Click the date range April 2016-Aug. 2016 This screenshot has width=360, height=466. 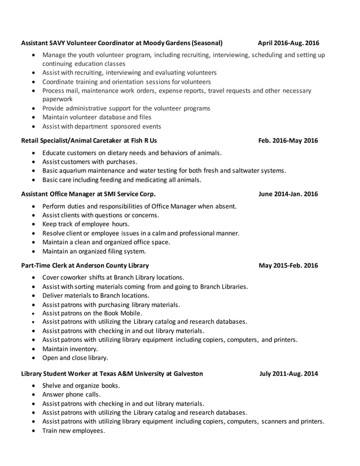pos(288,43)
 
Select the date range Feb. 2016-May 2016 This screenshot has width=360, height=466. pos(288,140)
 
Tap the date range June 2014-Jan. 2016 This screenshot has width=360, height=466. pos(288,194)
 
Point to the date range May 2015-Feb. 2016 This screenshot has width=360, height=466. pos(288,265)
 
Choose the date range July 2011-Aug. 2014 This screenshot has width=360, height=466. pos(288,373)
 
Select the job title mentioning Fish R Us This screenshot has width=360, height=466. pos(89,140)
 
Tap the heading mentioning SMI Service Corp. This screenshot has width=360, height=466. pos(88,194)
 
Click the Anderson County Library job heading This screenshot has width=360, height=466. pos(85,265)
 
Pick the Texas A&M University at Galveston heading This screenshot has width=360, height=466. pos(112,373)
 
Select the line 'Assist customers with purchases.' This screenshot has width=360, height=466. pos(89,161)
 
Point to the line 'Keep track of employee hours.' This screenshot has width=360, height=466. pos(85,224)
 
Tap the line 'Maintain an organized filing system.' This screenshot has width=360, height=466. pos(94,251)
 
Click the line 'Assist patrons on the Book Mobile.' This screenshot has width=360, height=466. pos(92,313)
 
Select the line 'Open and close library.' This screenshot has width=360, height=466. pos(75,358)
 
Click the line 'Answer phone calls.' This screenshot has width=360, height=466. pos(71,395)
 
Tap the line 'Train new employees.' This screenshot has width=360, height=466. pos(73,430)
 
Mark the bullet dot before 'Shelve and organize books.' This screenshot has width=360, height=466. pos(35,386)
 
